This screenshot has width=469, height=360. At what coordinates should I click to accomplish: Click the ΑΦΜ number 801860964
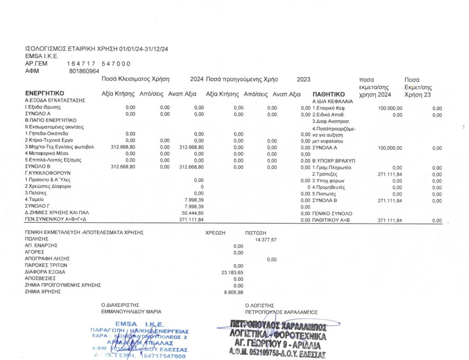pos(84,71)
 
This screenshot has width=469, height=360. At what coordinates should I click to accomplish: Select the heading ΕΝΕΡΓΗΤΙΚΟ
pos(44,94)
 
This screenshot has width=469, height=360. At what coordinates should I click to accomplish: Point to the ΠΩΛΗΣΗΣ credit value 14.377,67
pos(265,239)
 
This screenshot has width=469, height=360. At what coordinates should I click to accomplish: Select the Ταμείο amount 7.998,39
pos(193,200)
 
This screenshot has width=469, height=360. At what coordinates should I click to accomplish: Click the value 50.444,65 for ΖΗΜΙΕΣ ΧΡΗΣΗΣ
pos(193,213)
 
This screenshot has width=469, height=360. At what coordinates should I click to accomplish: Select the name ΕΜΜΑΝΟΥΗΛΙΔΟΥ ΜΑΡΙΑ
pos(131,311)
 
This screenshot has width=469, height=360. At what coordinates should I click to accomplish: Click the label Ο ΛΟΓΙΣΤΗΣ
pos(259,305)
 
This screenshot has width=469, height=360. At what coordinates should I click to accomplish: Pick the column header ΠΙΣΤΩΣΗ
pos(256,233)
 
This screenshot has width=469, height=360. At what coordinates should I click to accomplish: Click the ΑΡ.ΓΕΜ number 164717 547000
pos(98,64)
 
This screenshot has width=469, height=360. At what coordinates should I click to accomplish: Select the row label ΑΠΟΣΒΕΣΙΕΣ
pos(40,278)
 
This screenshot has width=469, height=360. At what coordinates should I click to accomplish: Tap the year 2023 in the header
pos(303,79)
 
